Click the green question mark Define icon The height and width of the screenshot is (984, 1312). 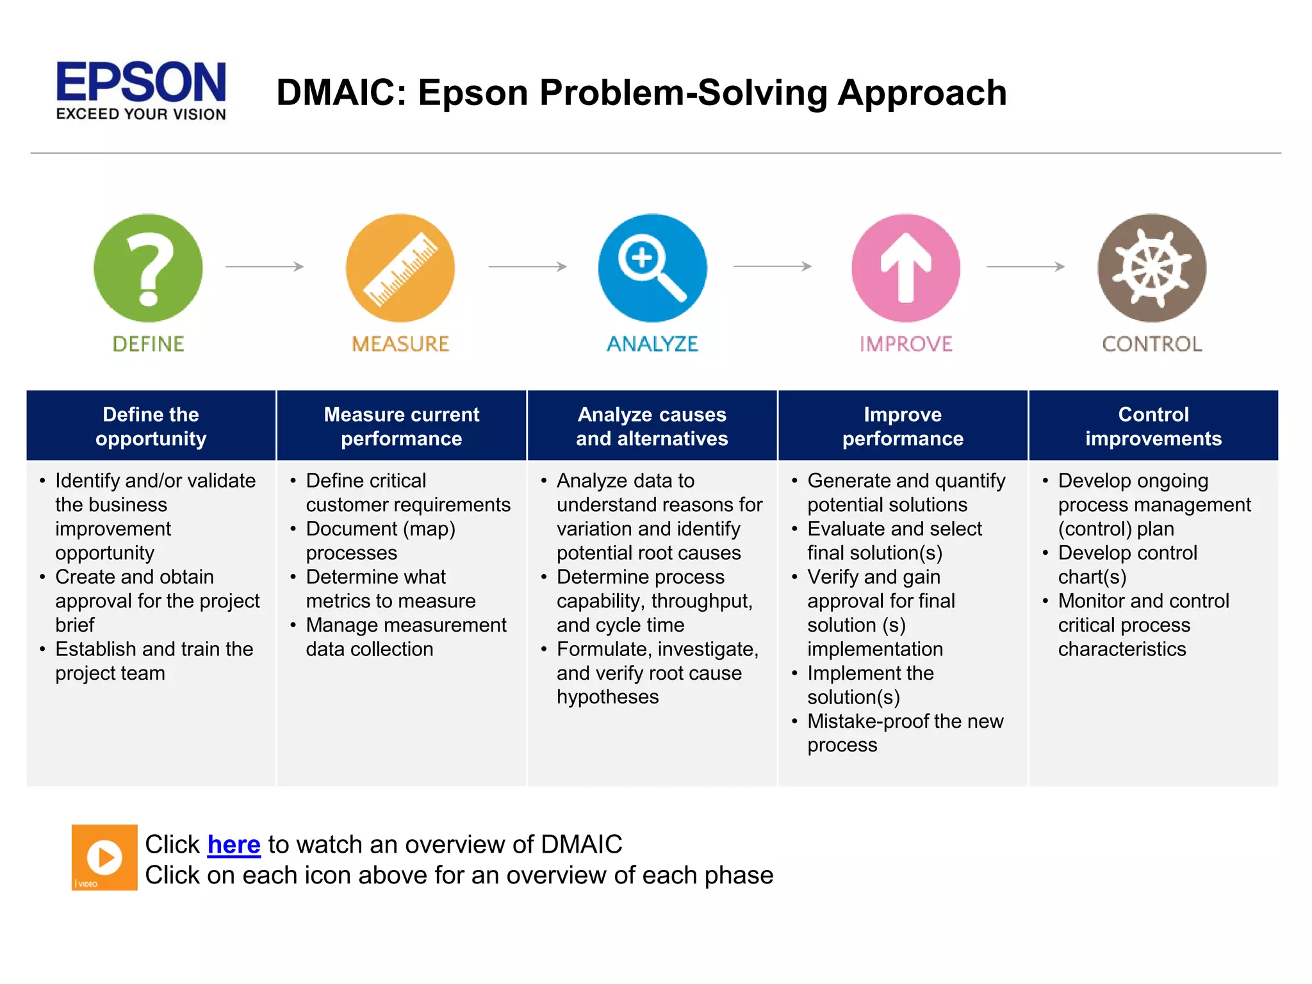pos(148,268)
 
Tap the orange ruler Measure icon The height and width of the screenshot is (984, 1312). pos(400,268)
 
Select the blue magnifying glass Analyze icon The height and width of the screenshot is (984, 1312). pos(652,268)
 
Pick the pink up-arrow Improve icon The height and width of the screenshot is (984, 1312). pos(905,268)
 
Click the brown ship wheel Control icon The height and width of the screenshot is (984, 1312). pos(1152,268)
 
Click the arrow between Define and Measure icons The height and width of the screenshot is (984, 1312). pos(265,266)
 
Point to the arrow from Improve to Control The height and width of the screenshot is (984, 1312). pos(1026,266)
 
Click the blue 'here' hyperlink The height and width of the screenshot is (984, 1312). pos(234,844)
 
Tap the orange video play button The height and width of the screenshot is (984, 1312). pos(104,857)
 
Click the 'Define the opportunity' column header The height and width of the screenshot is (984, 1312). pos(151,426)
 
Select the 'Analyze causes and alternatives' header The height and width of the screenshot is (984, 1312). pos(652,426)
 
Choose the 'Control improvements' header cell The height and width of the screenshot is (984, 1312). pos(1153,426)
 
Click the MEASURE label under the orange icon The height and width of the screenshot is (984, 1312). pos(400,344)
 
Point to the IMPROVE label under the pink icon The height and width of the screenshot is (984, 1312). pos(906,344)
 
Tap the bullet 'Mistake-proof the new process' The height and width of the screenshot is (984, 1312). pos(905,733)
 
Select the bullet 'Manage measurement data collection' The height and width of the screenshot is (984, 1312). pos(406,637)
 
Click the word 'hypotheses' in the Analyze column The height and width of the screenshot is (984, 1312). pos(607,697)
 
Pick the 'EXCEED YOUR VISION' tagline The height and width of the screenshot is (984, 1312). pos(141,115)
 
